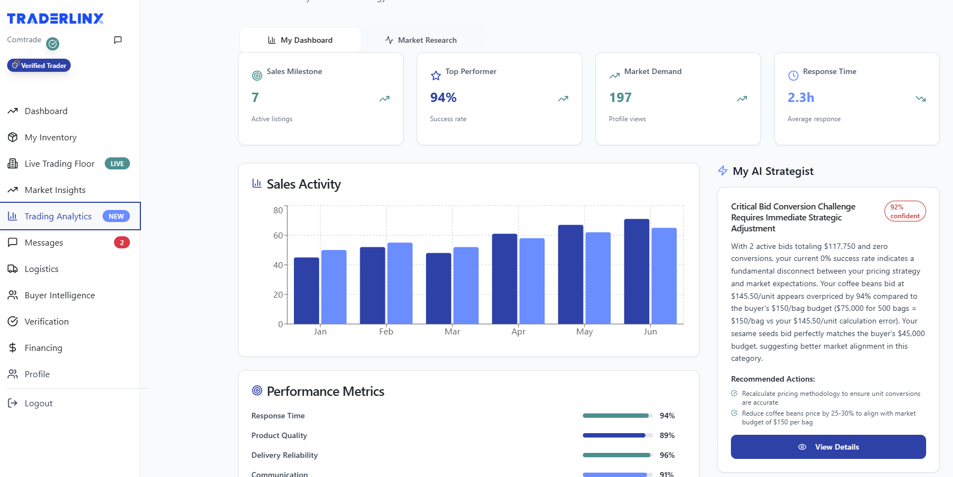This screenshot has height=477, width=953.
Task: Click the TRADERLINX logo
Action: [55, 19]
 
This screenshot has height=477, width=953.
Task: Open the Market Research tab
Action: [421, 40]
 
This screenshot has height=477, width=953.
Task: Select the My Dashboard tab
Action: [300, 40]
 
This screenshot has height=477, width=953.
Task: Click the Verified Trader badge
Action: [39, 65]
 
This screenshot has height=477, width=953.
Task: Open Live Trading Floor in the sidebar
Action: [59, 163]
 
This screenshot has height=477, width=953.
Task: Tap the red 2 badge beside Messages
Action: [122, 242]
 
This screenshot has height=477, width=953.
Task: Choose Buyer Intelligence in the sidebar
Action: [59, 295]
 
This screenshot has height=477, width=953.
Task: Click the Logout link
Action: [38, 403]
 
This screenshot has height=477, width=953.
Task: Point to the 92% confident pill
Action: [905, 211]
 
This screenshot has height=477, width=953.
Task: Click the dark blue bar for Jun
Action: [636, 271]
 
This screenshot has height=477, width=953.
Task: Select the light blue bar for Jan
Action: [333, 287]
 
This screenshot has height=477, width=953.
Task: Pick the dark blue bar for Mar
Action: [438, 288]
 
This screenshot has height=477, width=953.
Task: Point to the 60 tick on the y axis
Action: [278, 236]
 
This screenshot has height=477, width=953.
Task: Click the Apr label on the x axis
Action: [518, 332]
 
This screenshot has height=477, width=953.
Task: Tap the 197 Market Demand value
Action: [620, 98]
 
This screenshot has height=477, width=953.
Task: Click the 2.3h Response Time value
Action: [801, 98]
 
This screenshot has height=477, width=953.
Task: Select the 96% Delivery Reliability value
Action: [667, 455]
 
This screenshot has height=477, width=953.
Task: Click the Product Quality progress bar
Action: [617, 435]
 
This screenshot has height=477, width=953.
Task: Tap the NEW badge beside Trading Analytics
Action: [116, 216]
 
